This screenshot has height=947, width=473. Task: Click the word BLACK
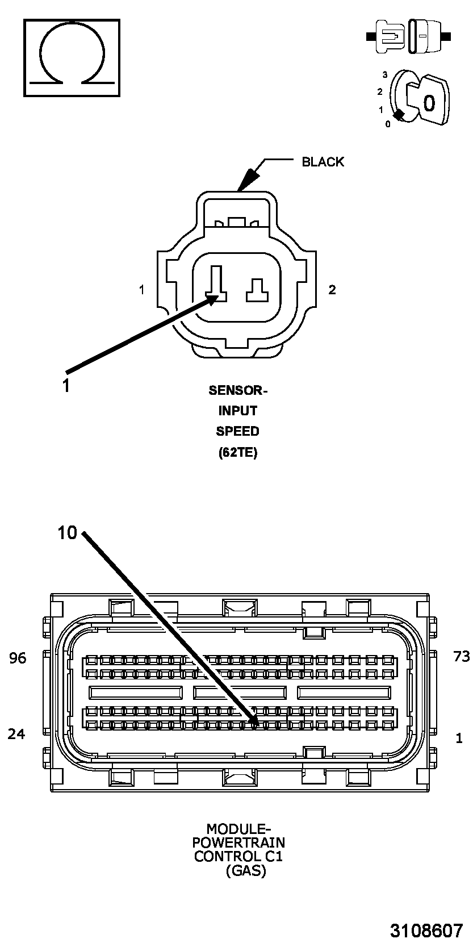323,162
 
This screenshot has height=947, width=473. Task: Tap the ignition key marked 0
429,102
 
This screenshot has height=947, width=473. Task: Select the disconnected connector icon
408,36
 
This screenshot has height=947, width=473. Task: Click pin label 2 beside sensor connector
332,290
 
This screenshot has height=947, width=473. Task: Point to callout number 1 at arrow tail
66,386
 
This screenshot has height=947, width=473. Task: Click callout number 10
67,533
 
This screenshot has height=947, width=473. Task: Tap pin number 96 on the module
18,658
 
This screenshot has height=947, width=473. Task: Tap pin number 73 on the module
462,657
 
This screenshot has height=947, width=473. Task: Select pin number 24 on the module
16,734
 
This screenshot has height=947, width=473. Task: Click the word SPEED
237,431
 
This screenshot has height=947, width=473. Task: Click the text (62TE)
237,453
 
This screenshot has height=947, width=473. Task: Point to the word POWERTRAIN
238,842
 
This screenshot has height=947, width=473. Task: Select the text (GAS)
245,870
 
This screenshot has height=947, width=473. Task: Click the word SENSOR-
237,390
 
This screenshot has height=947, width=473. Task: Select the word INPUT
237,411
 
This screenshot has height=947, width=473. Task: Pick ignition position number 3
384,74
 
